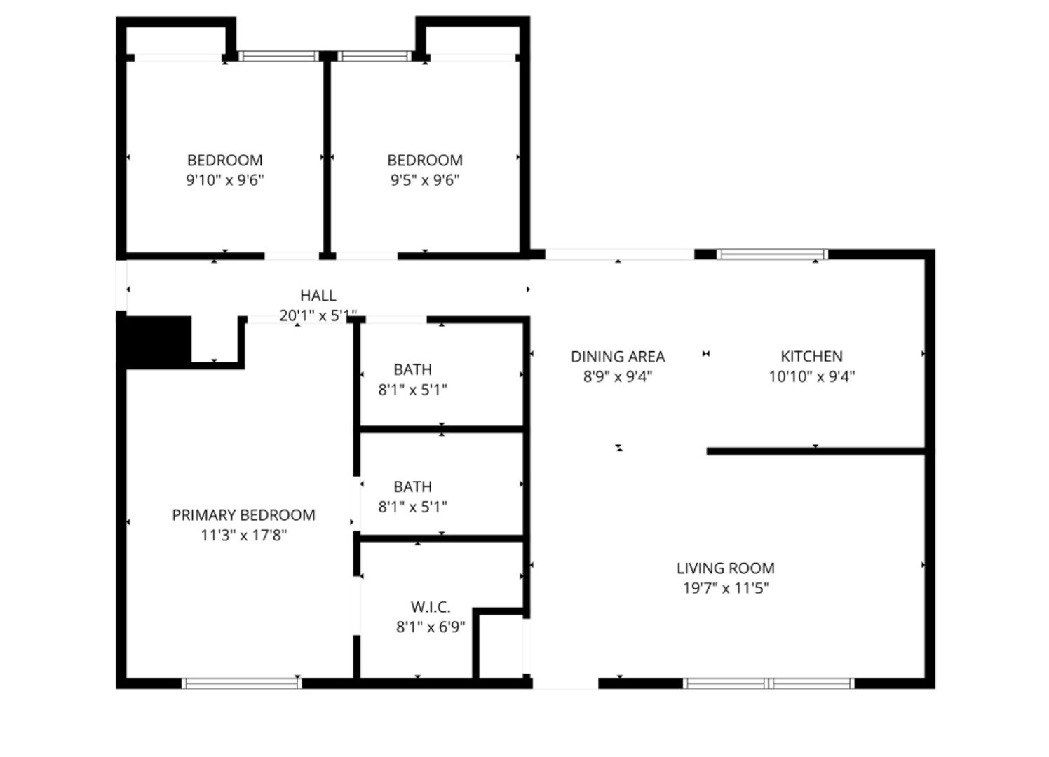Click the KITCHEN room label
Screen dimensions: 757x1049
(811, 356)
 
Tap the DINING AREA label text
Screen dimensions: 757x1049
(617, 357)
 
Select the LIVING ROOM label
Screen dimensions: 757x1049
(725, 568)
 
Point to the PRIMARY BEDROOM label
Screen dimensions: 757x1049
(243, 515)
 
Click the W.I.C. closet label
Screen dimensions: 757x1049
(430, 607)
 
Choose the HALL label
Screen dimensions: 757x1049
(318, 296)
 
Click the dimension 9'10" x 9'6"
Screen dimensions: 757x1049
(224, 180)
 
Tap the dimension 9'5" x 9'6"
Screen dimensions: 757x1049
(424, 180)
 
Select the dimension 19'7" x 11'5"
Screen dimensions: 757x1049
(725, 588)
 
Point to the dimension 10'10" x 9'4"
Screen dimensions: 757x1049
(811, 376)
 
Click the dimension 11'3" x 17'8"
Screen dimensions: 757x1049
(243, 536)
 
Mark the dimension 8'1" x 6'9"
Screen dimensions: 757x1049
(430, 627)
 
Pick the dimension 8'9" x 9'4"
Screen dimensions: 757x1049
(617, 376)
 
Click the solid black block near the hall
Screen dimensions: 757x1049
(158, 340)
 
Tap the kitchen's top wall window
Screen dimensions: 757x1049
(771, 254)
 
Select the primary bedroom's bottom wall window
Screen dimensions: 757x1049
(241, 683)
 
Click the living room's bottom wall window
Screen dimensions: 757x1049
(769, 683)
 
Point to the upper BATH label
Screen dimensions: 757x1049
(412, 369)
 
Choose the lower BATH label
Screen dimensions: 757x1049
(412, 486)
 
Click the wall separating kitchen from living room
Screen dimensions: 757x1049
(817, 451)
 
